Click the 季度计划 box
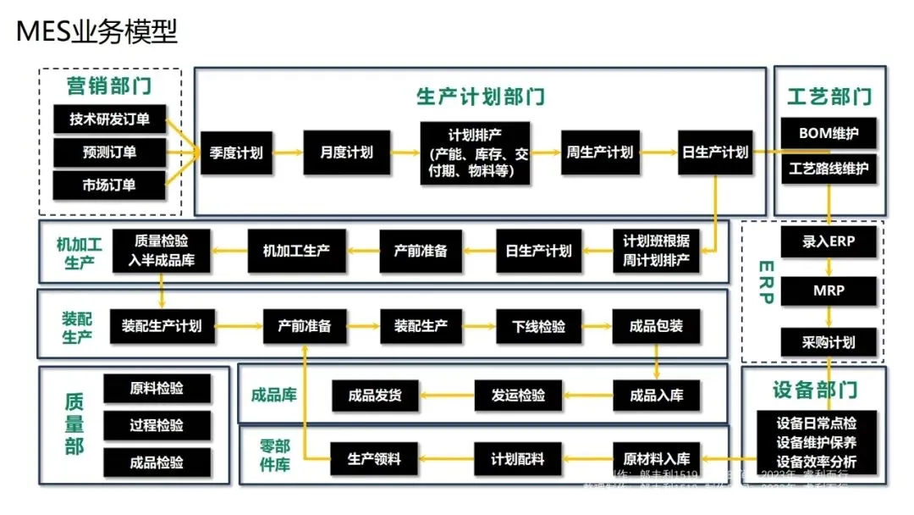click(x=235, y=153)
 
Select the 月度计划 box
click(x=346, y=153)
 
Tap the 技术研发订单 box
click(x=109, y=119)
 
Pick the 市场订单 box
click(x=109, y=185)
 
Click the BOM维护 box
click(x=829, y=134)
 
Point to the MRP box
click(x=829, y=291)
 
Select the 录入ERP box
click(x=829, y=241)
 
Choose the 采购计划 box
click(x=829, y=342)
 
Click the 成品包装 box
click(x=656, y=326)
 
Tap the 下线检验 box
click(x=539, y=326)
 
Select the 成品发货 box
click(x=374, y=395)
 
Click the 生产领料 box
click(x=374, y=459)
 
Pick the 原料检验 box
click(x=156, y=389)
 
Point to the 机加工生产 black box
click(x=296, y=251)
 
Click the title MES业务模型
click(x=97, y=32)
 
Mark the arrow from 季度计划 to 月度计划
click(x=287, y=153)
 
